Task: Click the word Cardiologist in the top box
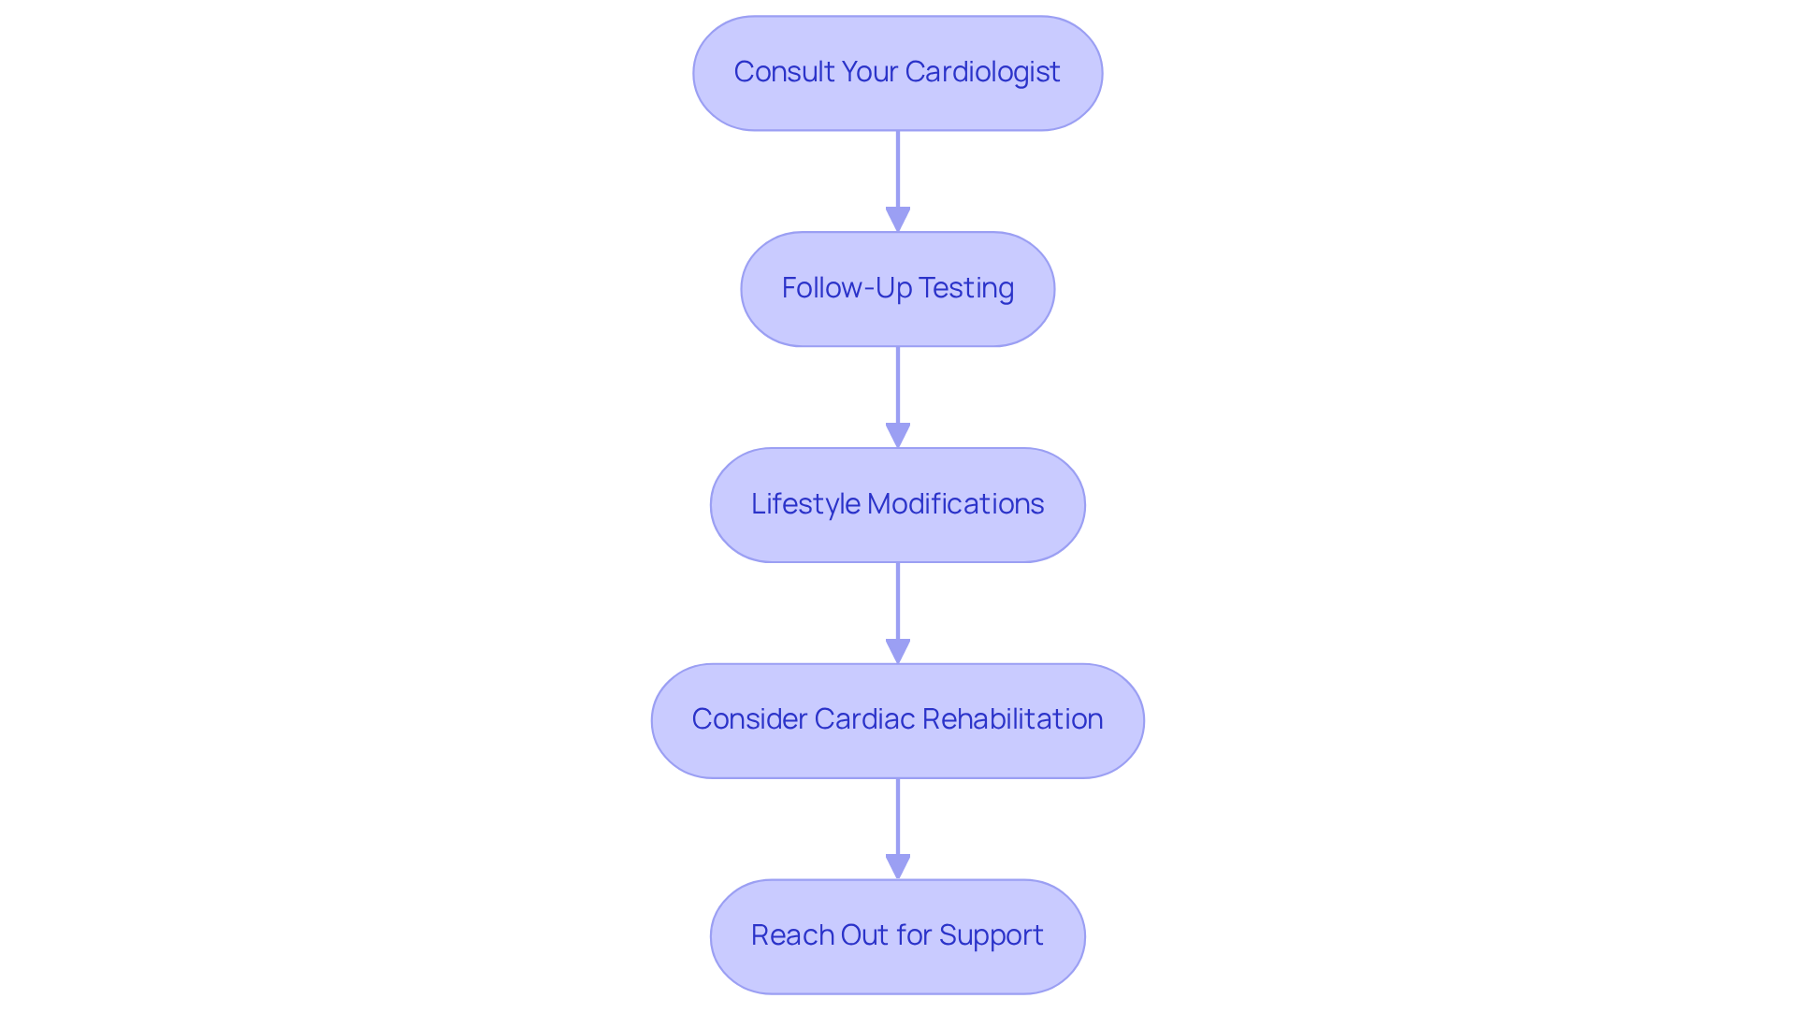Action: pyautogui.click(x=982, y=72)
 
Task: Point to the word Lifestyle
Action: pyautogui.click(x=805, y=504)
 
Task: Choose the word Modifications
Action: pyautogui.click(x=955, y=504)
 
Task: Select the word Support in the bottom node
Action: pyautogui.click(x=991, y=935)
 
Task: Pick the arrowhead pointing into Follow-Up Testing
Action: pyautogui.click(x=898, y=219)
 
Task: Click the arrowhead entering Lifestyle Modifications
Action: pyautogui.click(x=898, y=435)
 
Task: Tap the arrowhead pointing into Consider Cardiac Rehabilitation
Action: pyautogui.click(x=898, y=651)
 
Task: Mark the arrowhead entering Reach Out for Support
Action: pyautogui.click(x=898, y=866)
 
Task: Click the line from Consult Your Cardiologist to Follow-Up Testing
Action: pyautogui.click(x=898, y=168)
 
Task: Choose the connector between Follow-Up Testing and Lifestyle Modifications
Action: pyautogui.click(x=898, y=384)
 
